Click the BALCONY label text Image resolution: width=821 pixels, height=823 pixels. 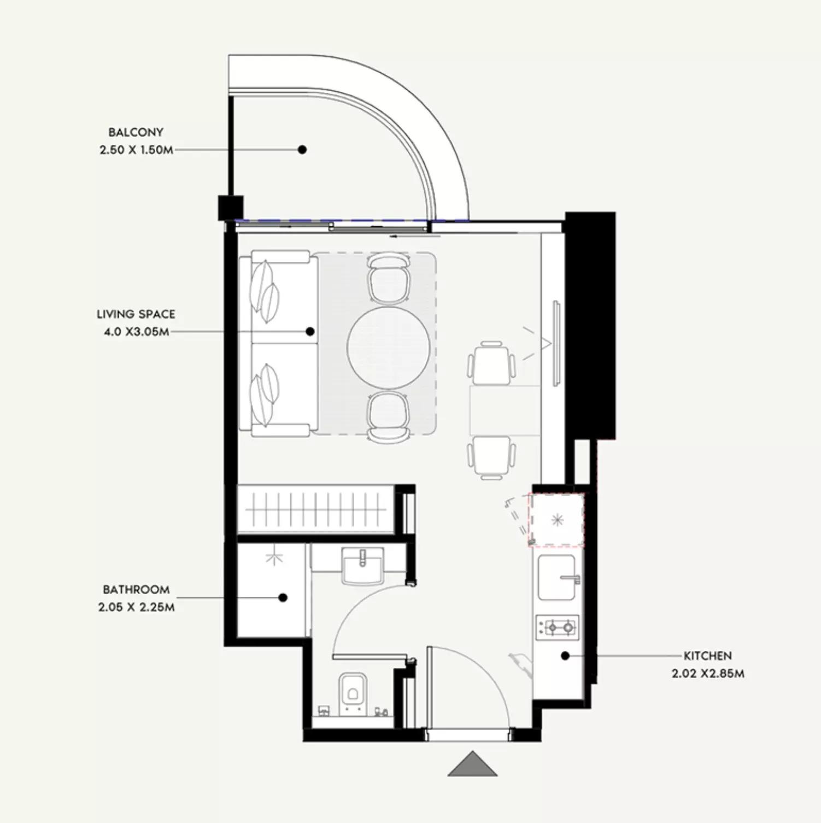136,132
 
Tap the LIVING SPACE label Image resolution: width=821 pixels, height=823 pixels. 136,314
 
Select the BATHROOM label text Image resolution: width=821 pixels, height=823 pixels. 136,590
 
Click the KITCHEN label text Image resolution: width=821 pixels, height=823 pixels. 707,656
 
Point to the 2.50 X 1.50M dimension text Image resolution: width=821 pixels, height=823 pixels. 136,150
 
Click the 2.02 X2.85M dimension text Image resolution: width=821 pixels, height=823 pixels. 708,673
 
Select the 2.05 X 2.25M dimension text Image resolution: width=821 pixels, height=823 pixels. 137,607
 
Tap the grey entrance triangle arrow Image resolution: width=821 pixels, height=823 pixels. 473,764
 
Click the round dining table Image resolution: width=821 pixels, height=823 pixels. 389,348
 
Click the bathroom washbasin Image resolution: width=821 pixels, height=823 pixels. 362,566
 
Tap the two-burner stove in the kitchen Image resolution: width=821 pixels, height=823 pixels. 558,627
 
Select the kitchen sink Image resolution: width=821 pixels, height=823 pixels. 557,578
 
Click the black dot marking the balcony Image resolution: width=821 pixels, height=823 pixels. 302,149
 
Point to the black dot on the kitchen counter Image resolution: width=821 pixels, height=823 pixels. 566,655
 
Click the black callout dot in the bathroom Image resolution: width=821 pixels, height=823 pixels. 283,597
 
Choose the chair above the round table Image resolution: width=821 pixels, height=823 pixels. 389,278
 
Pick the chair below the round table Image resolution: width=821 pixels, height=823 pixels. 389,416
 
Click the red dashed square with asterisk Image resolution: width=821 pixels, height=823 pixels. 556,520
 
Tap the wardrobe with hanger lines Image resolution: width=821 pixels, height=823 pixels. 316,510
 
